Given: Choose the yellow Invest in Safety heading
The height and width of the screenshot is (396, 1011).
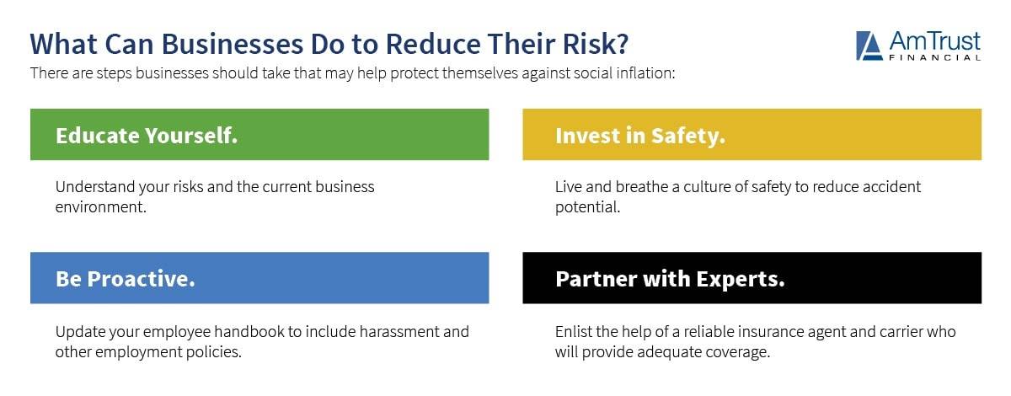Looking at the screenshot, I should point(639,135).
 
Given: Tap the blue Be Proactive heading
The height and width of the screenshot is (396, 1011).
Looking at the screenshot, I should point(125,278).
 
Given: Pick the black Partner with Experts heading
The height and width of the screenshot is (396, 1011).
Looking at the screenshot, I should point(670,278).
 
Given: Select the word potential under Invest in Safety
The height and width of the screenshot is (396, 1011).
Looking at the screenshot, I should point(587,206).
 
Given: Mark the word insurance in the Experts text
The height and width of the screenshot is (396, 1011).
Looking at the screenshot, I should point(761,331).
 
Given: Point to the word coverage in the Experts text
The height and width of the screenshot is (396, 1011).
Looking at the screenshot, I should point(739,351).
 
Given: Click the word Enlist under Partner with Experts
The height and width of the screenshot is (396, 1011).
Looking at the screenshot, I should point(574,331).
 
